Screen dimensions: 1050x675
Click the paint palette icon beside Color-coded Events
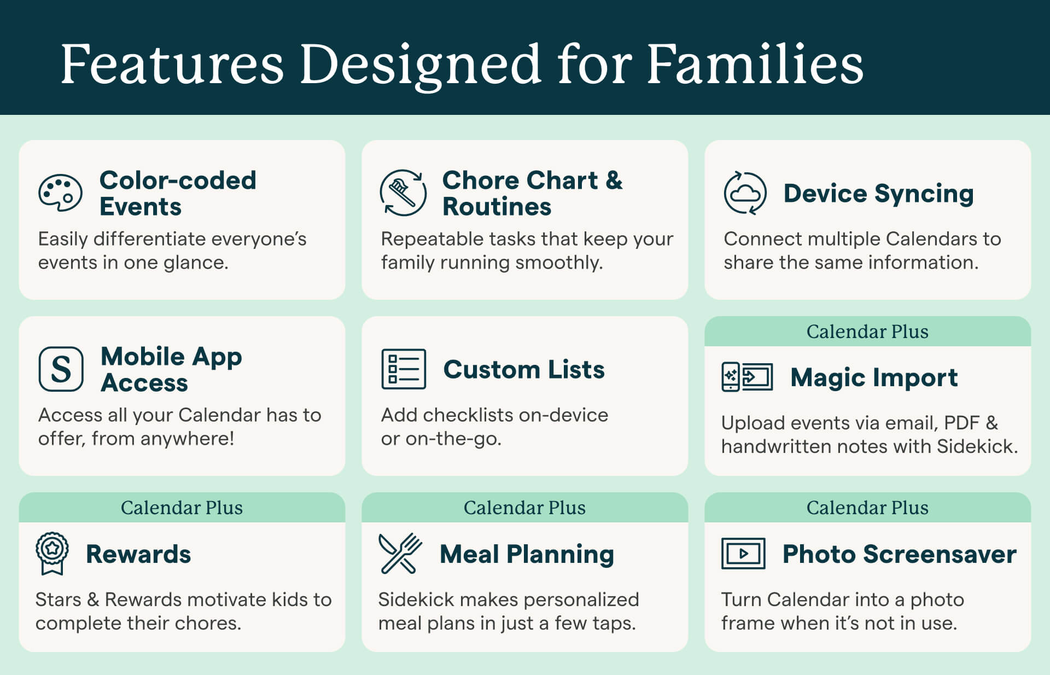[60, 193]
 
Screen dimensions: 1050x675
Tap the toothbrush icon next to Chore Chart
[404, 193]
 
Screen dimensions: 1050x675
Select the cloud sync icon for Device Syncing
[745, 193]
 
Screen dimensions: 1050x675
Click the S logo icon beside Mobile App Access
[61, 369]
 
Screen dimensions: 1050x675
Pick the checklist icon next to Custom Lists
[404, 369]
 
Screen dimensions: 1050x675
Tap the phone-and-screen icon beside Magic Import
[747, 377]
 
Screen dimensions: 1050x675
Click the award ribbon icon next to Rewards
[52, 553]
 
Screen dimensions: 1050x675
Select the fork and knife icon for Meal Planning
[400, 554]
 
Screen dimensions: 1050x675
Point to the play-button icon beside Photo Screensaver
[743, 554]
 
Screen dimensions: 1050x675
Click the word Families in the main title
[755, 64]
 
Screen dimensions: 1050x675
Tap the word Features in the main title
[172, 64]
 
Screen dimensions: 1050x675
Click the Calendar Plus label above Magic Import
[867, 331]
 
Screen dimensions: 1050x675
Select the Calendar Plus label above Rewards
[182, 508]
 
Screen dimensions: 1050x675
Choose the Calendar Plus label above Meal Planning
[524, 508]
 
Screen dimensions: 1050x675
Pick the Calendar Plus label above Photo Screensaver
[867, 508]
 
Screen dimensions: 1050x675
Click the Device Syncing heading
[879, 194]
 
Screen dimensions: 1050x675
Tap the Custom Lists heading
[524, 369]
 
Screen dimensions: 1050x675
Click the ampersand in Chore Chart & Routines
[614, 181]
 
